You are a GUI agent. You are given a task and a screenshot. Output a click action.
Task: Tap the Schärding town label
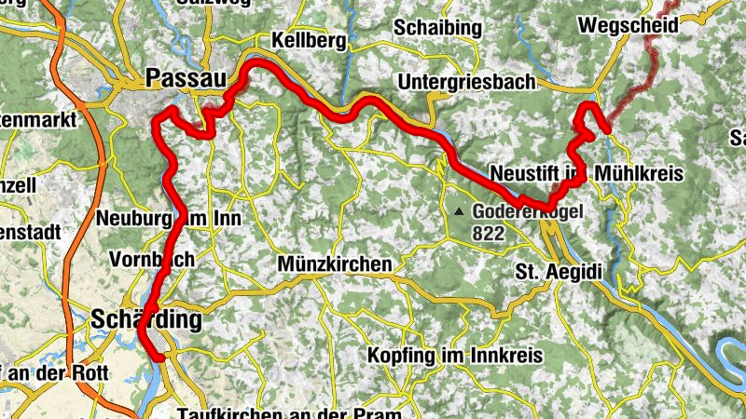pyautogui.click(x=146, y=320)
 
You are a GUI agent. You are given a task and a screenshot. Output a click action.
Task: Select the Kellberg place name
pyautogui.click(x=308, y=41)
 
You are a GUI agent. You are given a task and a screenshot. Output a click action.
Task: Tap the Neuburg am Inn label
pyautogui.click(x=169, y=219)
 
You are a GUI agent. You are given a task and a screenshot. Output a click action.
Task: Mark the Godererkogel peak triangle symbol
pyautogui.click(x=459, y=212)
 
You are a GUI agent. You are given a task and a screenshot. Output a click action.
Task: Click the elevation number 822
pyautogui.click(x=487, y=235)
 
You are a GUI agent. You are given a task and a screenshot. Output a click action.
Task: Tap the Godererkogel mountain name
pyautogui.click(x=527, y=212)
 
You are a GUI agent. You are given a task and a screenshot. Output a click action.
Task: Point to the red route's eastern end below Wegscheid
pyautogui.click(x=607, y=129)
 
